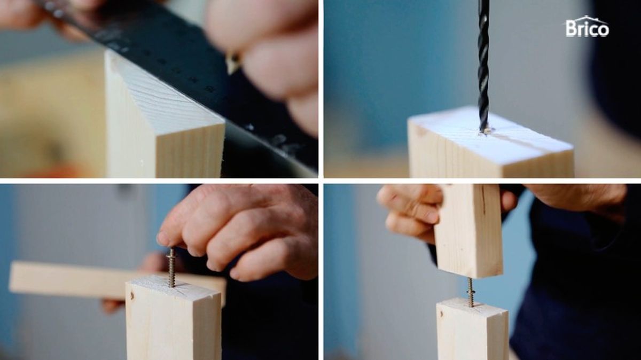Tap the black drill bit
(x=483, y=66)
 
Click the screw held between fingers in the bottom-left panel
(x=171, y=267)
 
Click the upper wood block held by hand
(x=468, y=230)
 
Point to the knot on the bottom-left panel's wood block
(x=132, y=295)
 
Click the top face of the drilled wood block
(x=491, y=135)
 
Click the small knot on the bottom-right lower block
(x=442, y=314)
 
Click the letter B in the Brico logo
(x=570, y=29)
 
